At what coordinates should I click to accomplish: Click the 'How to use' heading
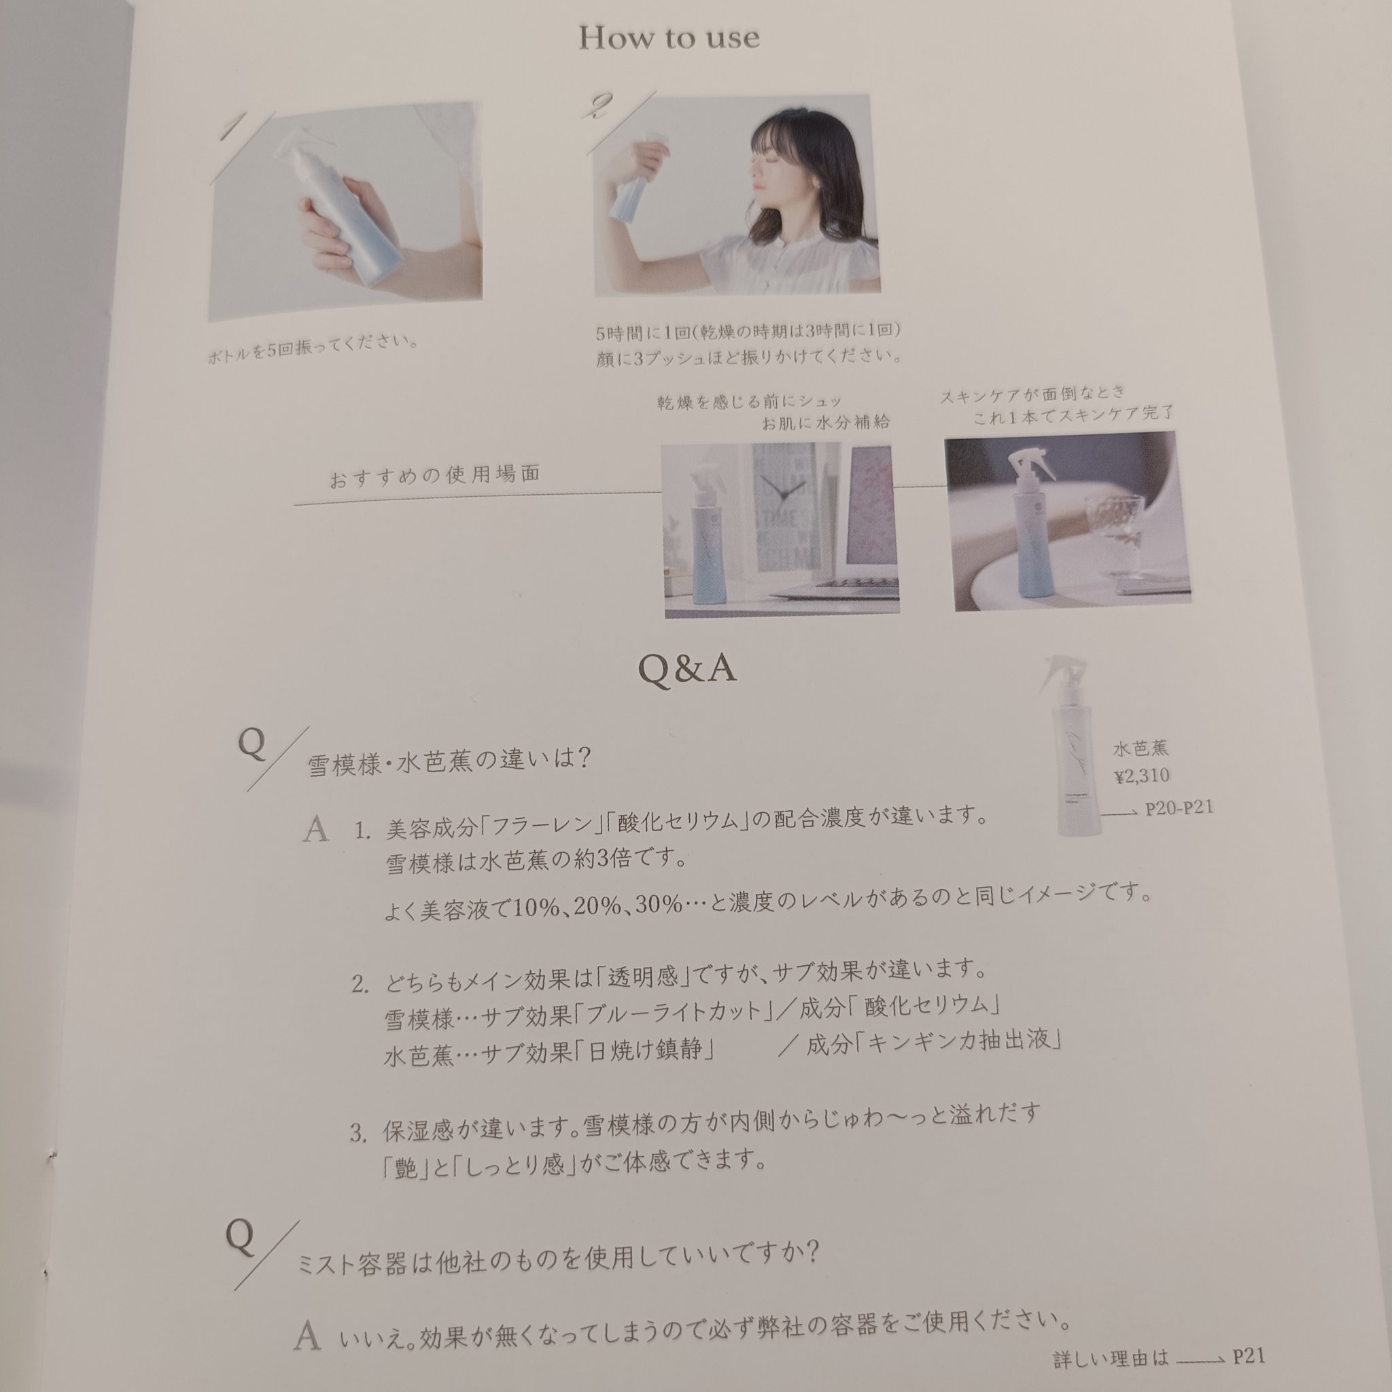(669, 37)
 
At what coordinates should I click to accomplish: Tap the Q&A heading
(687, 669)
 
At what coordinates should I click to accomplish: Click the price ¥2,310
(1141, 776)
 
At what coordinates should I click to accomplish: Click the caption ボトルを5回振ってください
(313, 347)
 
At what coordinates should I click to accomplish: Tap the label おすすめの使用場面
(434, 476)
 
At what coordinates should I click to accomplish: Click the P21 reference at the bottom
(1248, 1357)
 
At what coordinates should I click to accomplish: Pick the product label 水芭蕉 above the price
(1140, 748)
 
